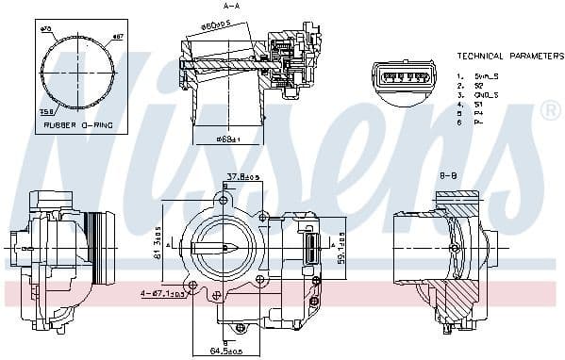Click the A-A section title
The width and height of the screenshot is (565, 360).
click(x=230, y=7)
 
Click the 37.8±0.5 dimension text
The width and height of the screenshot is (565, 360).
click(x=241, y=176)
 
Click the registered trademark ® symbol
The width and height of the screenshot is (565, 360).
click(x=550, y=111)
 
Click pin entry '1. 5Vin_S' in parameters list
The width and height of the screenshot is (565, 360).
click(x=477, y=75)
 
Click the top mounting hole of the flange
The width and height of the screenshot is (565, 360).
click(x=224, y=199)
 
